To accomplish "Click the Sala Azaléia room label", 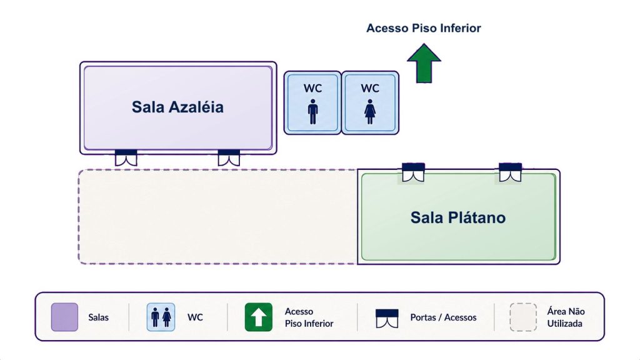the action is [x=177, y=107].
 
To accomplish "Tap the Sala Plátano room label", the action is [x=458, y=217].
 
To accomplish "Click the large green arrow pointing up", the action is [x=424, y=63].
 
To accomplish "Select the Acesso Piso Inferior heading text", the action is [x=424, y=28].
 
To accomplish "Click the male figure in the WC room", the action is [x=312, y=111].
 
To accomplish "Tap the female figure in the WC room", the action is [x=370, y=111].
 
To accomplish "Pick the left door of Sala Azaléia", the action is [x=126, y=157].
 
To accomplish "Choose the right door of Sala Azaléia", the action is [x=229, y=157].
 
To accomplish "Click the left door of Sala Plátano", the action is [x=413, y=172].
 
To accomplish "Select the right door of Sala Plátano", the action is [x=510, y=172].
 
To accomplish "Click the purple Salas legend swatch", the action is [x=64, y=317].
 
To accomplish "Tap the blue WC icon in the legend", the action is [x=161, y=317].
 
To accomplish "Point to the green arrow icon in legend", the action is [x=258, y=317].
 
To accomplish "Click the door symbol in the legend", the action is [x=387, y=318].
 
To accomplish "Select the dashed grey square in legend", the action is [x=523, y=317].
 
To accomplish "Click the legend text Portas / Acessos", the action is [x=443, y=317].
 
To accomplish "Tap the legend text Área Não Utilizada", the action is [x=566, y=317].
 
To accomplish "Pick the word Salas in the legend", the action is [x=98, y=317].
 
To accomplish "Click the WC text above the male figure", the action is [x=312, y=88].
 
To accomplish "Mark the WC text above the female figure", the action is [x=370, y=88].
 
